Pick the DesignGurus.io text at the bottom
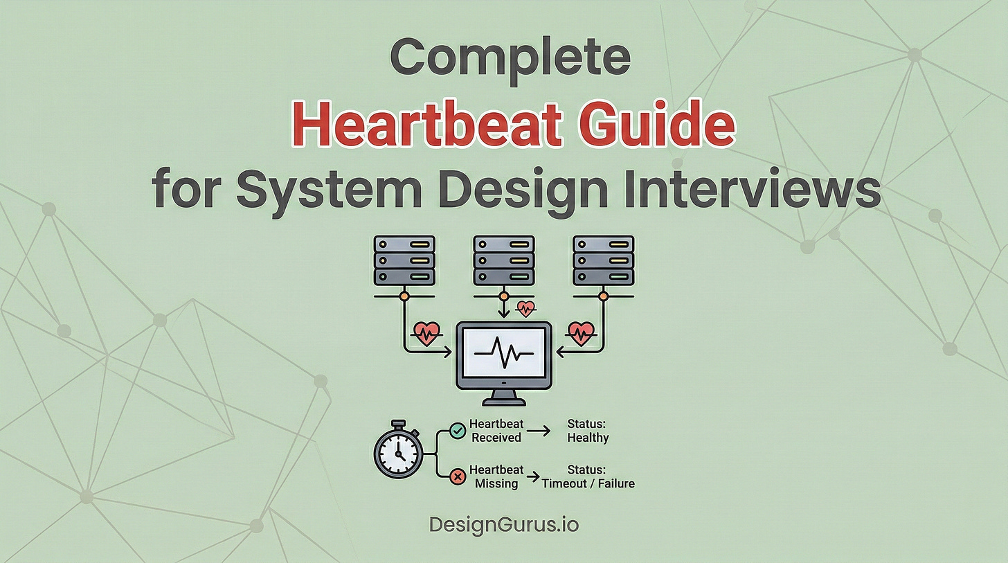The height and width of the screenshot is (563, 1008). [503, 524]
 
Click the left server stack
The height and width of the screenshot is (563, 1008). [404, 260]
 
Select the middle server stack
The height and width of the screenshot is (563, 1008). [503, 260]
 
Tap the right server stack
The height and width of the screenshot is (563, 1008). [603, 260]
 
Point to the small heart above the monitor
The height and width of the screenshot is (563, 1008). [526, 307]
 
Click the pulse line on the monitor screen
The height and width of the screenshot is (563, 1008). [503, 353]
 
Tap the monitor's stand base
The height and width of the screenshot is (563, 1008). [503, 401]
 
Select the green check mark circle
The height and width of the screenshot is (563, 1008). [457, 431]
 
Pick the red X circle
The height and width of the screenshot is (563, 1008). [457, 476]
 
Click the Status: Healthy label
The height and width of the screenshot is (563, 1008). [588, 431]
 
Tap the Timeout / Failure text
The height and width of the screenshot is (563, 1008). [588, 483]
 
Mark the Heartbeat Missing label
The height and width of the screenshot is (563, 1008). [496, 476]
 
